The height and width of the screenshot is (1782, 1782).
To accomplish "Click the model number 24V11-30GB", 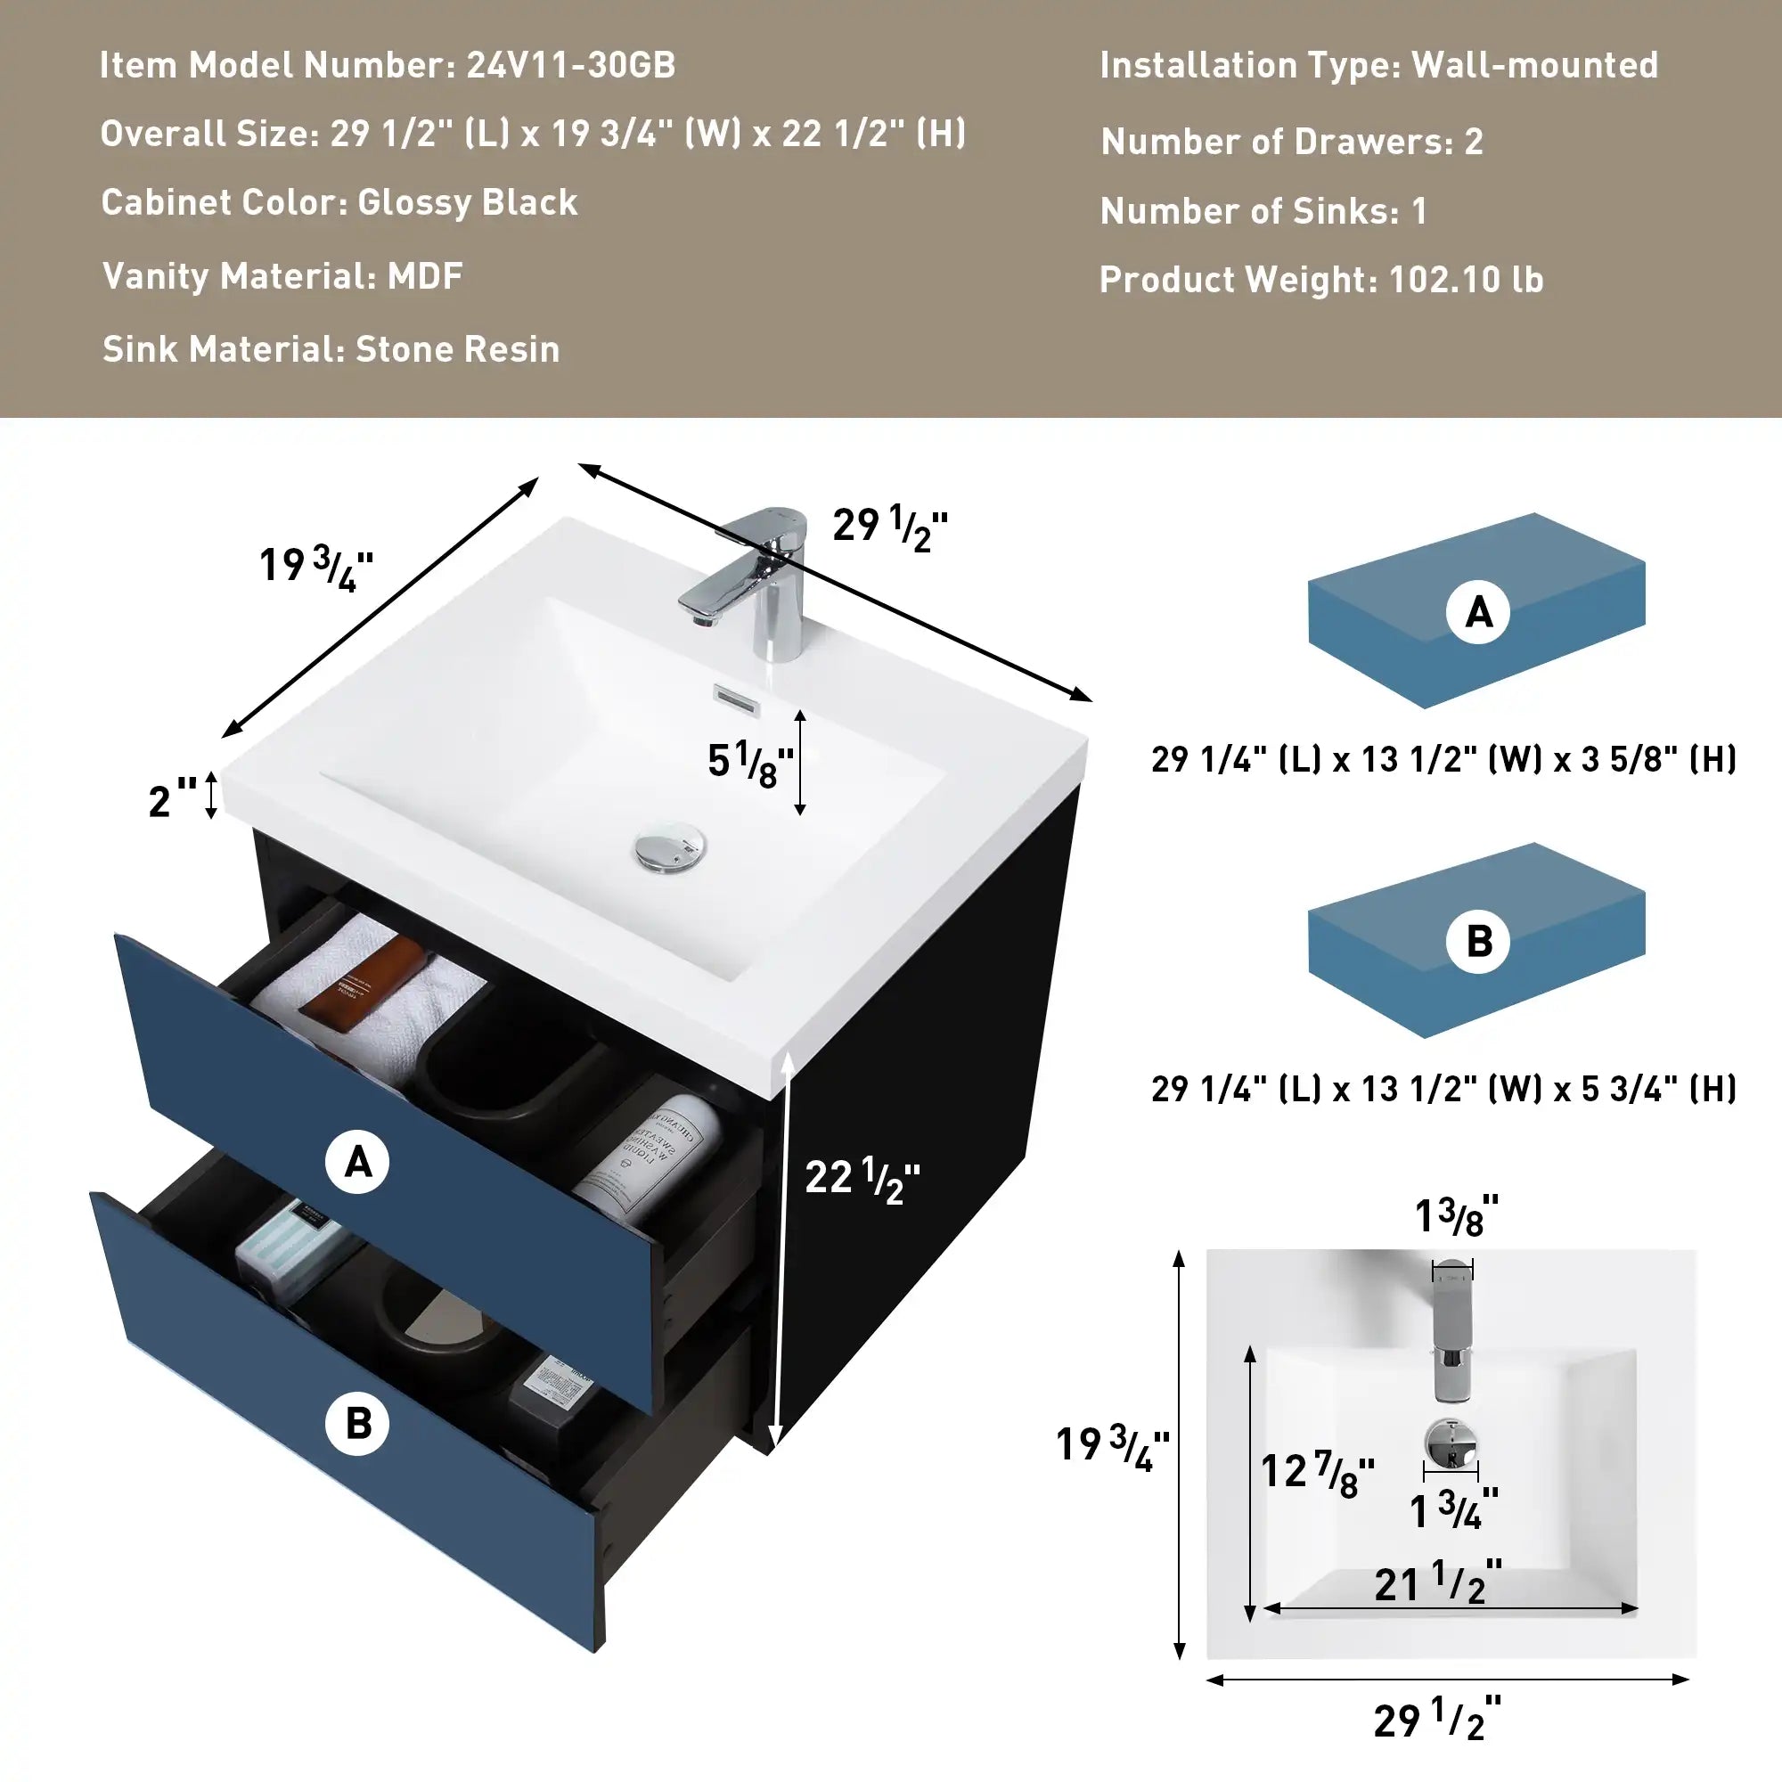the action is tap(571, 64).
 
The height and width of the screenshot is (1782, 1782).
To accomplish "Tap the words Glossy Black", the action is tap(468, 202).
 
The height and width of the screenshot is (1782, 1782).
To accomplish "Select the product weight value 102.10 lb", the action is tap(1466, 280).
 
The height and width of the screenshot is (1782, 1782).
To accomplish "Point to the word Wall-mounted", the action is tap(1535, 64).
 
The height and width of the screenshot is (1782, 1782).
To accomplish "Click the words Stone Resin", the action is tap(457, 348).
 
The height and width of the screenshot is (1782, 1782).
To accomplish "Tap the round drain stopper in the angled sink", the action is tap(671, 848).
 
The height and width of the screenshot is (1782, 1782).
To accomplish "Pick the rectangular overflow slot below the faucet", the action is tap(737, 700).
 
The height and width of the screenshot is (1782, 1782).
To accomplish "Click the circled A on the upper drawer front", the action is tap(357, 1162).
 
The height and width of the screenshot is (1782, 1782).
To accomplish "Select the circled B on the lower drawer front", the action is tap(357, 1423).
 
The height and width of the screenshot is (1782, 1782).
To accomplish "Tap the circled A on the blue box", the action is tap(1477, 612).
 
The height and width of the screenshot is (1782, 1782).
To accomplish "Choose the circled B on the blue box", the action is tap(1477, 942).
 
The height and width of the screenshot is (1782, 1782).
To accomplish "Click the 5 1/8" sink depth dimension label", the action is tap(750, 763).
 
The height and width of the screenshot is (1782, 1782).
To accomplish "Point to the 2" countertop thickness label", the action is tap(173, 798).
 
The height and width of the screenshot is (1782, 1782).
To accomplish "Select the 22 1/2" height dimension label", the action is tap(862, 1178).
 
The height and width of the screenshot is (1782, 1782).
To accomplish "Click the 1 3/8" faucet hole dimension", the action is tap(1457, 1215).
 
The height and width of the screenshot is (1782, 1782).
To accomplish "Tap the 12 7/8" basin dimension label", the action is tap(1317, 1472).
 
